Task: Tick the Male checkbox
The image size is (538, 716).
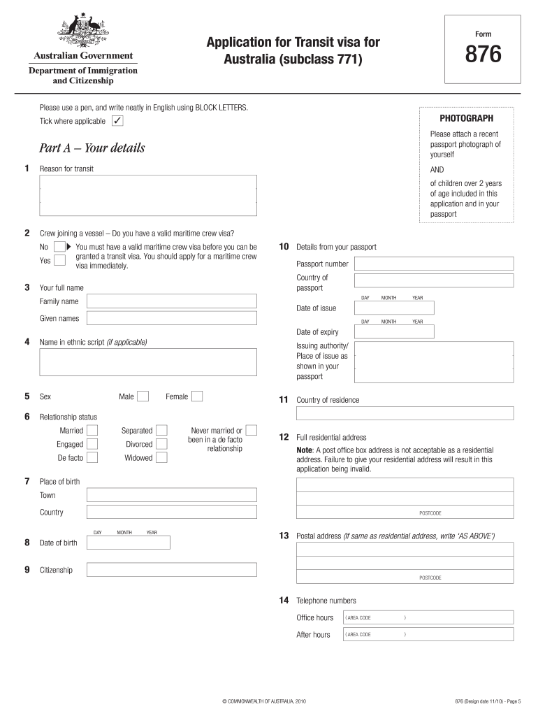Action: (143, 396)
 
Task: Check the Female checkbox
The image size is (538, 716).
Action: (197, 396)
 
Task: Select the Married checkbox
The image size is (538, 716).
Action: (92, 431)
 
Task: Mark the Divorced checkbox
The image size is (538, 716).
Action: (161, 444)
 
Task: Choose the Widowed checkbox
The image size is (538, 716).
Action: (161, 458)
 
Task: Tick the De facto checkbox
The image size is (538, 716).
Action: (92, 458)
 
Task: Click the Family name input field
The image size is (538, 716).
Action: (171, 301)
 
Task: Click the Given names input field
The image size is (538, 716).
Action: (171, 319)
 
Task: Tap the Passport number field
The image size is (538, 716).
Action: (434, 264)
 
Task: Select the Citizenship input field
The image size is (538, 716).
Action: (171, 570)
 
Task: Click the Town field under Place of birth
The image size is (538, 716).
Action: (171, 495)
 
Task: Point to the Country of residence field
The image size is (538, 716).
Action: (405, 413)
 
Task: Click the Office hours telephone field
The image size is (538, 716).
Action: (428, 617)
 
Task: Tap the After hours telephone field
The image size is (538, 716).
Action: (428, 634)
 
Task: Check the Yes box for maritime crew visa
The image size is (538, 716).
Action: (60, 260)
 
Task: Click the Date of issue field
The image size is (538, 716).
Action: (394, 308)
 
